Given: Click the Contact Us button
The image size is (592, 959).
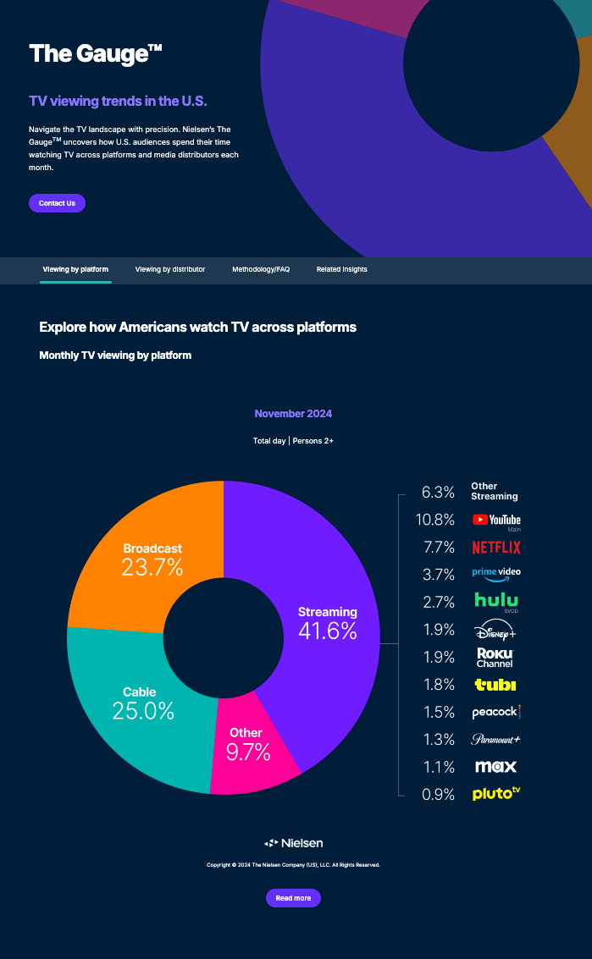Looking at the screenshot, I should click(x=57, y=203).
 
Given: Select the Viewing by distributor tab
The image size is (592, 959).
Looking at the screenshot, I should click(x=170, y=269).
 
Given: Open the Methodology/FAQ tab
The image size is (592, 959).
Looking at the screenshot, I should click(x=261, y=269).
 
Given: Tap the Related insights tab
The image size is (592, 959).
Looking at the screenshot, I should click(x=342, y=269).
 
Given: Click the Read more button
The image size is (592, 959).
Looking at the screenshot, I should click(x=293, y=898).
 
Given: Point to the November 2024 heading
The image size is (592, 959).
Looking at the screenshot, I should click(x=293, y=414).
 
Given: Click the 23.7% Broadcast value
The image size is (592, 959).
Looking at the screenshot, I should click(x=152, y=567).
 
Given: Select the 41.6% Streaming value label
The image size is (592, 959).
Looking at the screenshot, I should click(x=327, y=631).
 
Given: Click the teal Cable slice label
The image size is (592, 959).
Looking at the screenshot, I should click(x=140, y=692).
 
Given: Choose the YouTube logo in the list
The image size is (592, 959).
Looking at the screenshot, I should click(x=496, y=520).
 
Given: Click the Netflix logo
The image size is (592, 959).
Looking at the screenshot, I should click(x=496, y=548).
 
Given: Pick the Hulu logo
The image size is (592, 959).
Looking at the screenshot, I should click(x=496, y=601).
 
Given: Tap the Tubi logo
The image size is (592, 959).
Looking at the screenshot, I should click(x=495, y=684).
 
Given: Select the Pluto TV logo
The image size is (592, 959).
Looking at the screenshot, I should click(x=496, y=794).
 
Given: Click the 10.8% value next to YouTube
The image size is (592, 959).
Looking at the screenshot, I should click(x=438, y=520).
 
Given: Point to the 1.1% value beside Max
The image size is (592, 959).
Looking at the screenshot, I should click(x=438, y=767).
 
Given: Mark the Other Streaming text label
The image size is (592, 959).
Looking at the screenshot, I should click(x=495, y=492).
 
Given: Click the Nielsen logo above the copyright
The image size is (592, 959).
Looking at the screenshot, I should click(x=293, y=843).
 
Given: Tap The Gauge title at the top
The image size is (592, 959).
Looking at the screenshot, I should click(x=95, y=54).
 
